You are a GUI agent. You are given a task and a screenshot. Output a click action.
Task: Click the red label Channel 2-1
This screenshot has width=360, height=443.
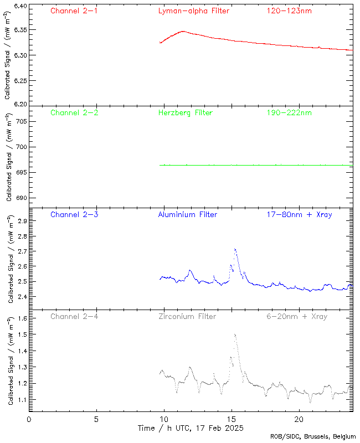point(74,11)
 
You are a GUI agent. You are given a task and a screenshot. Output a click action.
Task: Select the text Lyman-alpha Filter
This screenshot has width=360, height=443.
point(193,11)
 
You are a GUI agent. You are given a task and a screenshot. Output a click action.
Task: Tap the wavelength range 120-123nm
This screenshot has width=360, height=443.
point(288,11)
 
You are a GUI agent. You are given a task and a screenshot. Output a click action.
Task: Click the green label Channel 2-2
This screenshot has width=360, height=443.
point(74,112)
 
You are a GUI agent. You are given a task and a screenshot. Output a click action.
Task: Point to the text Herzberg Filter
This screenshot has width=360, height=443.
point(185,112)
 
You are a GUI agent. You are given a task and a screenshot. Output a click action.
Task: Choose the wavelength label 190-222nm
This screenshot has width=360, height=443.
point(288,112)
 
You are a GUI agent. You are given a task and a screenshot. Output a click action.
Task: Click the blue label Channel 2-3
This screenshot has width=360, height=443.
point(74,214)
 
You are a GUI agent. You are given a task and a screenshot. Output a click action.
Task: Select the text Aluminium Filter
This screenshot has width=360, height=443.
point(187,214)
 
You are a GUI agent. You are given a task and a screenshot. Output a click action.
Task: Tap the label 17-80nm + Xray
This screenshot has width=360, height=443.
point(299,214)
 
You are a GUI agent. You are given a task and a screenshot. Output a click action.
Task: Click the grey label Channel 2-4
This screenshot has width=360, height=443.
point(74,316)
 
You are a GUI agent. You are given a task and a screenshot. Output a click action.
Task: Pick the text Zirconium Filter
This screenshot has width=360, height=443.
point(187,316)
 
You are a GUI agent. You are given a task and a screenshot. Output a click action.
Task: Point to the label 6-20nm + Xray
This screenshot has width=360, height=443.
point(296,316)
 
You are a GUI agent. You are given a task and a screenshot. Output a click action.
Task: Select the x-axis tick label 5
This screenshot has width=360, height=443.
point(96,420)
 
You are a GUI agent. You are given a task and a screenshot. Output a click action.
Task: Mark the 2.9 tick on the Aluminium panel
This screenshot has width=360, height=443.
point(21,221)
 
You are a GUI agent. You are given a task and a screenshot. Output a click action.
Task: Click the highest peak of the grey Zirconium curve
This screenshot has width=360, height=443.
point(235,334)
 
